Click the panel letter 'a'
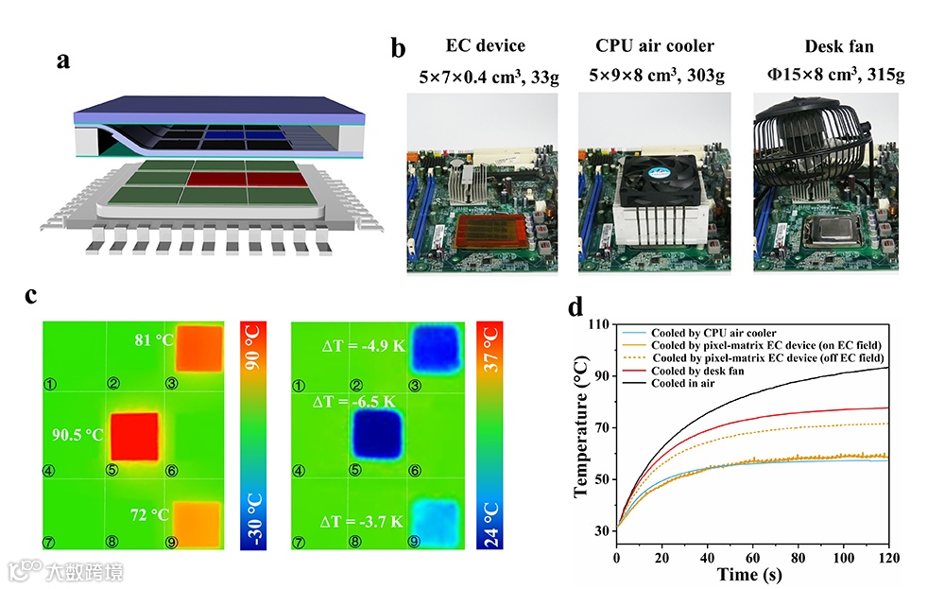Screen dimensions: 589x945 coord(62,61)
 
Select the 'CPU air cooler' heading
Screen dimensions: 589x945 coord(654,45)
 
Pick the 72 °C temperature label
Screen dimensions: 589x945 coord(149,514)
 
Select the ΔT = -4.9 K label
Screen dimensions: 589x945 coord(362,345)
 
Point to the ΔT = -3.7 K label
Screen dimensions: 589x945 coord(362,520)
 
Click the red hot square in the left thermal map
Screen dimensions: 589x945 coord(134,436)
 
